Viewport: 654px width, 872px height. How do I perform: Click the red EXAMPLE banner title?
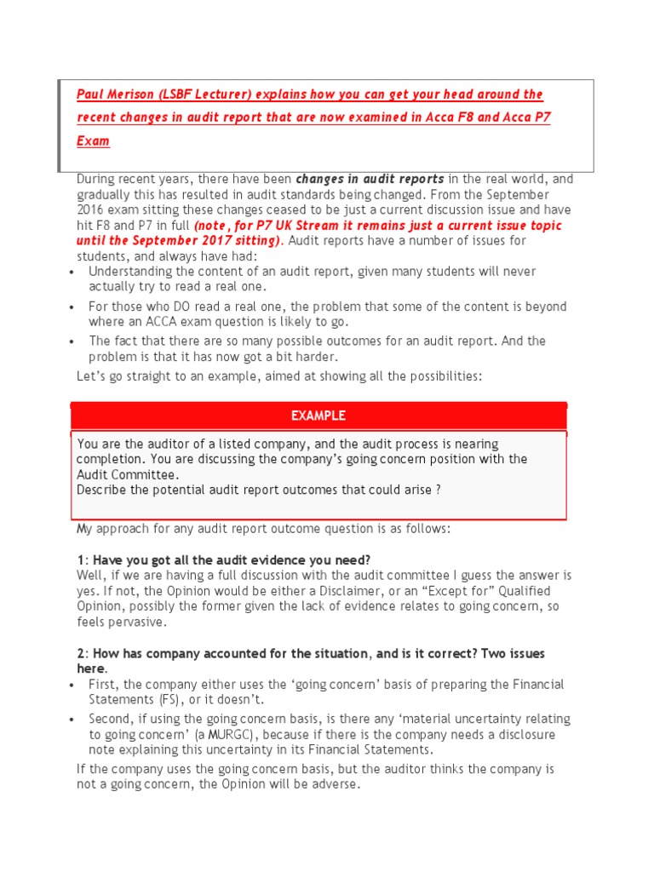tap(318, 416)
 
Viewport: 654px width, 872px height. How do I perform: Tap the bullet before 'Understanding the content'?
tap(69, 272)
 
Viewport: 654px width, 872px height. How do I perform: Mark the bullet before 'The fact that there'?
tap(69, 341)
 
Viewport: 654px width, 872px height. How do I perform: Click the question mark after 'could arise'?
tap(439, 490)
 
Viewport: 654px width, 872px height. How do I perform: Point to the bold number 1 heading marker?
tap(80, 559)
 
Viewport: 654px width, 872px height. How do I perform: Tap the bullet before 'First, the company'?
tap(69, 685)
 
